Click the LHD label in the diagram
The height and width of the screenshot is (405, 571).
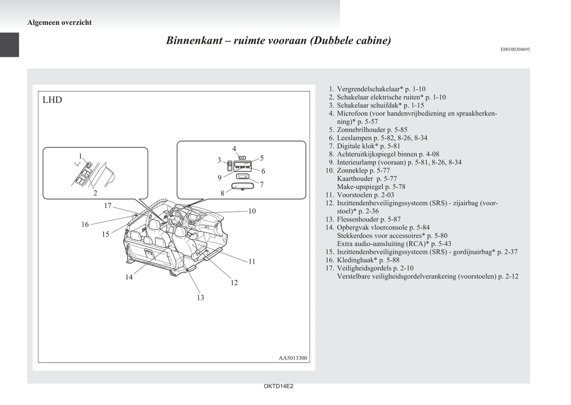pyautogui.click(x=52, y=100)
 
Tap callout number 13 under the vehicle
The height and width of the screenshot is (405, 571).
pyautogui.click(x=200, y=298)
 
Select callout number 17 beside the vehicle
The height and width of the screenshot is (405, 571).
pyautogui.click(x=108, y=206)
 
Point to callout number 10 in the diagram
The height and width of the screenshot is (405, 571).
pyautogui.click(x=252, y=211)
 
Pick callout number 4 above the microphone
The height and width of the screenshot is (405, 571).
pyautogui.click(x=234, y=149)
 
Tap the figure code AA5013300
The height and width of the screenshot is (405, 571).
pyautogui.click(x=293, y=358)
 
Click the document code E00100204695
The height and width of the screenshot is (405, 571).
pyautogui.click(x=515, y=49)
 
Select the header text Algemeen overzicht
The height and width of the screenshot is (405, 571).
pyautogui.click(x=59, y=22)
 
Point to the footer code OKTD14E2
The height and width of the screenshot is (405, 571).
pyautogui.click(x=278, y=386)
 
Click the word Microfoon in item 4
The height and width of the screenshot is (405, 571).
pyautogui.click(x=352, y=114)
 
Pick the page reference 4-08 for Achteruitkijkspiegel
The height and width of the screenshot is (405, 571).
pyautogui.click(x=431, y=154)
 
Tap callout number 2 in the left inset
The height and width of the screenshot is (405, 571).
pyautogui.click(x=95, y=193)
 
